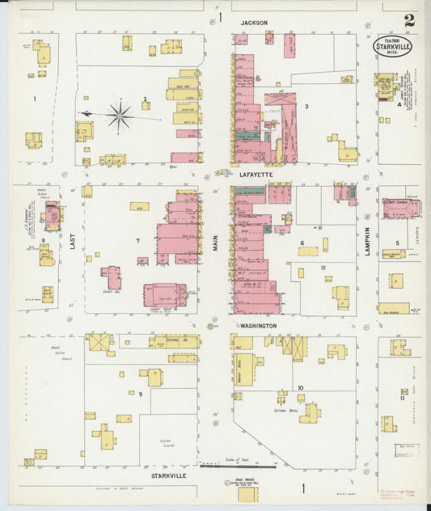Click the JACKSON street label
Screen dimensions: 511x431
tap(254, 23)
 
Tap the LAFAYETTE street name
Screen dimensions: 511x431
tap(254, 174)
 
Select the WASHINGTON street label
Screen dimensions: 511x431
tap(257, 326)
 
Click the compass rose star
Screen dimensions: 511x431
tap(120, 116)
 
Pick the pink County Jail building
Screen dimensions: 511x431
tap(112, 278)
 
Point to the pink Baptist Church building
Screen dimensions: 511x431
tap(401, 209)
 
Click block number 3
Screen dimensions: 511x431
tap(306, 106)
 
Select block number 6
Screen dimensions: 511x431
tap(302, 243)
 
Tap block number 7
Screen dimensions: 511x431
tap(138, 241)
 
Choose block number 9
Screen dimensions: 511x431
tap(140, 394)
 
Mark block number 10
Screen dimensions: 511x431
tap(300, 387)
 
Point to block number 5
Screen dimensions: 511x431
tap(397, 243)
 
